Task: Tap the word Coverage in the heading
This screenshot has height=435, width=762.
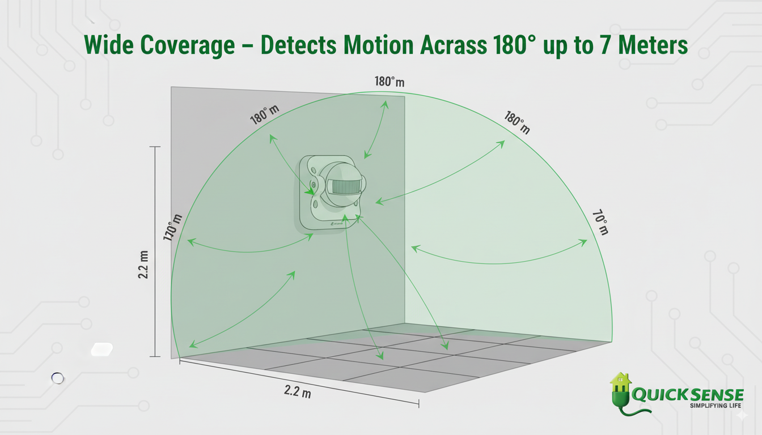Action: [191, 46]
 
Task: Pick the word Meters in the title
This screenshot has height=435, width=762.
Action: [651, 46]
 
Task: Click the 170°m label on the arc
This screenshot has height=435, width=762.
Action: [173, 228]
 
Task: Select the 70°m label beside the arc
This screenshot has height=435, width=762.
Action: [600, 222]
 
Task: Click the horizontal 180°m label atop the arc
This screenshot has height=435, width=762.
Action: [390, 82]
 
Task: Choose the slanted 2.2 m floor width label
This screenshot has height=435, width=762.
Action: [298, 391]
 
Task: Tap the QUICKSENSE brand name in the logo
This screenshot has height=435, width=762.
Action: [687, 394]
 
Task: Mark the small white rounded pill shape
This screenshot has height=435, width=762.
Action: [102, 349]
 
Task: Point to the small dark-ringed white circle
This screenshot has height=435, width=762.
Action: [57, 378]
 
